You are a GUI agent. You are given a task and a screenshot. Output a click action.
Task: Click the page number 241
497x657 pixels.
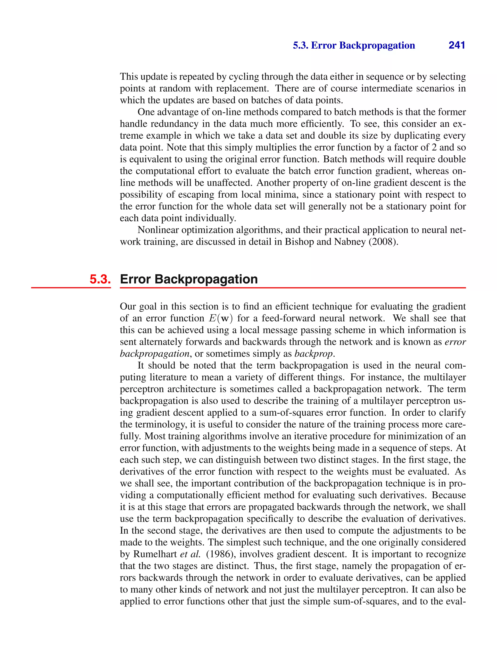[x=457, y=45]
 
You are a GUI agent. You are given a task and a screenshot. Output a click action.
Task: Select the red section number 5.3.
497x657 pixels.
[x=100, y=279]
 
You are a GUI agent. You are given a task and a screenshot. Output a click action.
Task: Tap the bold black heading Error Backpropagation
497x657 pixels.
[x=189, y=279]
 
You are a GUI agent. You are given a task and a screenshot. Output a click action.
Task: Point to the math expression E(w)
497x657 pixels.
[x=220, y=318]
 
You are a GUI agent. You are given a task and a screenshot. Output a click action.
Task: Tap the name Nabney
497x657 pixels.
[x=350, y=242]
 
